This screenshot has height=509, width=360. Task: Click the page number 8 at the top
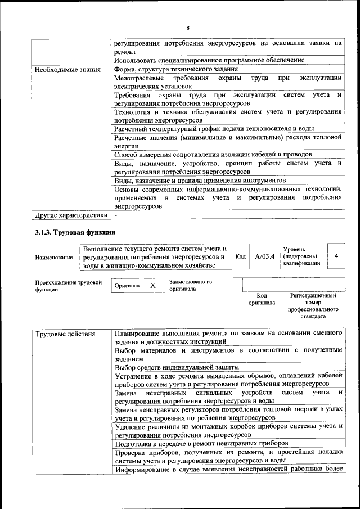[188, 28]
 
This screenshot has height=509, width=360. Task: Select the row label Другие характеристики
[70, 215]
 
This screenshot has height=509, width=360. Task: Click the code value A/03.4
[264, 256]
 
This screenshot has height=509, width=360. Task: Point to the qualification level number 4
[336, 256]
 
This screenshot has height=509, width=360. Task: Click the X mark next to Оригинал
[152, 285]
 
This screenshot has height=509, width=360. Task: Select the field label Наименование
[53, 257]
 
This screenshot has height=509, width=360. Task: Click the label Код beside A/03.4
[240, 256]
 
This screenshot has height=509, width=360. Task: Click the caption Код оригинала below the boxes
[262, 299]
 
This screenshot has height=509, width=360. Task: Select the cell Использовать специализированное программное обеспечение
[209, 60]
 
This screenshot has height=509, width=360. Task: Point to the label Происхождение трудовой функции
[68, 285]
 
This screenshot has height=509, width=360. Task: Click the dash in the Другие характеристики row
[116, 215]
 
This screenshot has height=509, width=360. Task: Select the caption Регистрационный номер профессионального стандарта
[313, 305]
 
